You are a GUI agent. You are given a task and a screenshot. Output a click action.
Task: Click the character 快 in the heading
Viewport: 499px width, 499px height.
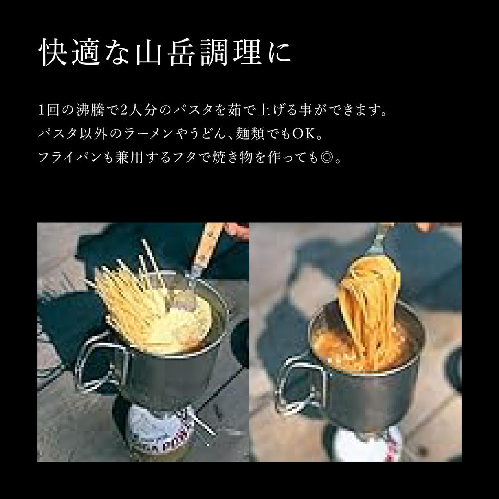pos(53,52)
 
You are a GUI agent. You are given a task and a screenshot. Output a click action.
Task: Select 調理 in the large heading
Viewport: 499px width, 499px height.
pos(231,52)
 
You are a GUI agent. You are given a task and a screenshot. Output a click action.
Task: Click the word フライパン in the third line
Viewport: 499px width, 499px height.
pos(70,157)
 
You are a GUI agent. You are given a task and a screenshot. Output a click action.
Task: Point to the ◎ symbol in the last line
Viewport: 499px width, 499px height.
pos(327,157)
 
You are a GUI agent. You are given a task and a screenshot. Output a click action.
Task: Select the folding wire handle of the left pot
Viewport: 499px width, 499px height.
pos(96,366)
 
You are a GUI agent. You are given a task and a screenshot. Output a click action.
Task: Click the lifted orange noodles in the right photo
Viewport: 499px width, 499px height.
pos(369,305)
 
